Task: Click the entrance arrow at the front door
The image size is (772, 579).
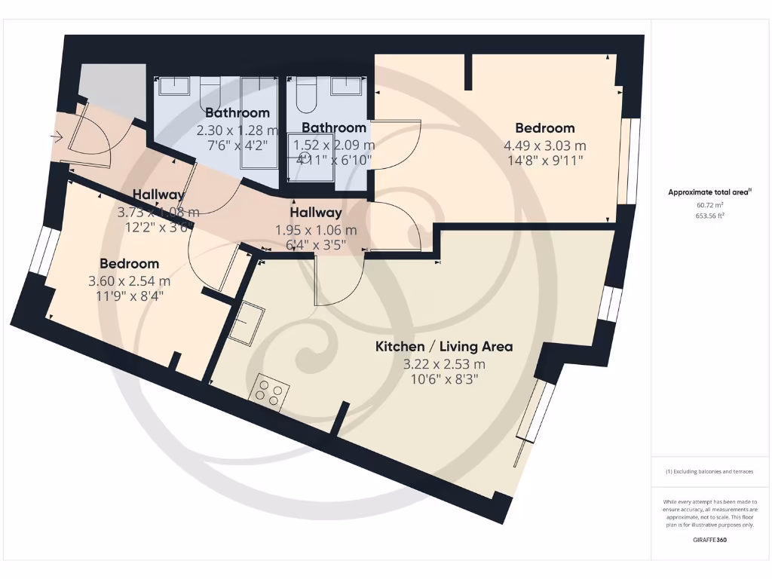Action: tap(57, 136)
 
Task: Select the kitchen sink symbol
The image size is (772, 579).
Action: tap(247, 323)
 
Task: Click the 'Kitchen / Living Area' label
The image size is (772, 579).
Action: tap(444, 347)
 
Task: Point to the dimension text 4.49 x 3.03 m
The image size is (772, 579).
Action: tap(545, 146)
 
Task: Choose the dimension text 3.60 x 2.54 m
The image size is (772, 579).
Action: tap(130, 281)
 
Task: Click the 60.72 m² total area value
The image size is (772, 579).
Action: tap(709, 204)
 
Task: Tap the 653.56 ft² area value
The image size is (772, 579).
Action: tap(709, 216)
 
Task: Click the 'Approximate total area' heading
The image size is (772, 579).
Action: tap(709, 192)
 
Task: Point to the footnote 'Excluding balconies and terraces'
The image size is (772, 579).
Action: tap(709, 471)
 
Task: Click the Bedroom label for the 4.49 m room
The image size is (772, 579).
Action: tap(545, 128)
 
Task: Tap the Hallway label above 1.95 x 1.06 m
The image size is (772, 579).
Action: tap(316, 213)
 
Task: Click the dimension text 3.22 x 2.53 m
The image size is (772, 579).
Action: tap(444, 364)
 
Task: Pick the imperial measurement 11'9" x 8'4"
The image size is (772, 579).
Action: tap(130, 296)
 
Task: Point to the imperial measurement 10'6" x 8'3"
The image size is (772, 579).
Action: tap(444, 379)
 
